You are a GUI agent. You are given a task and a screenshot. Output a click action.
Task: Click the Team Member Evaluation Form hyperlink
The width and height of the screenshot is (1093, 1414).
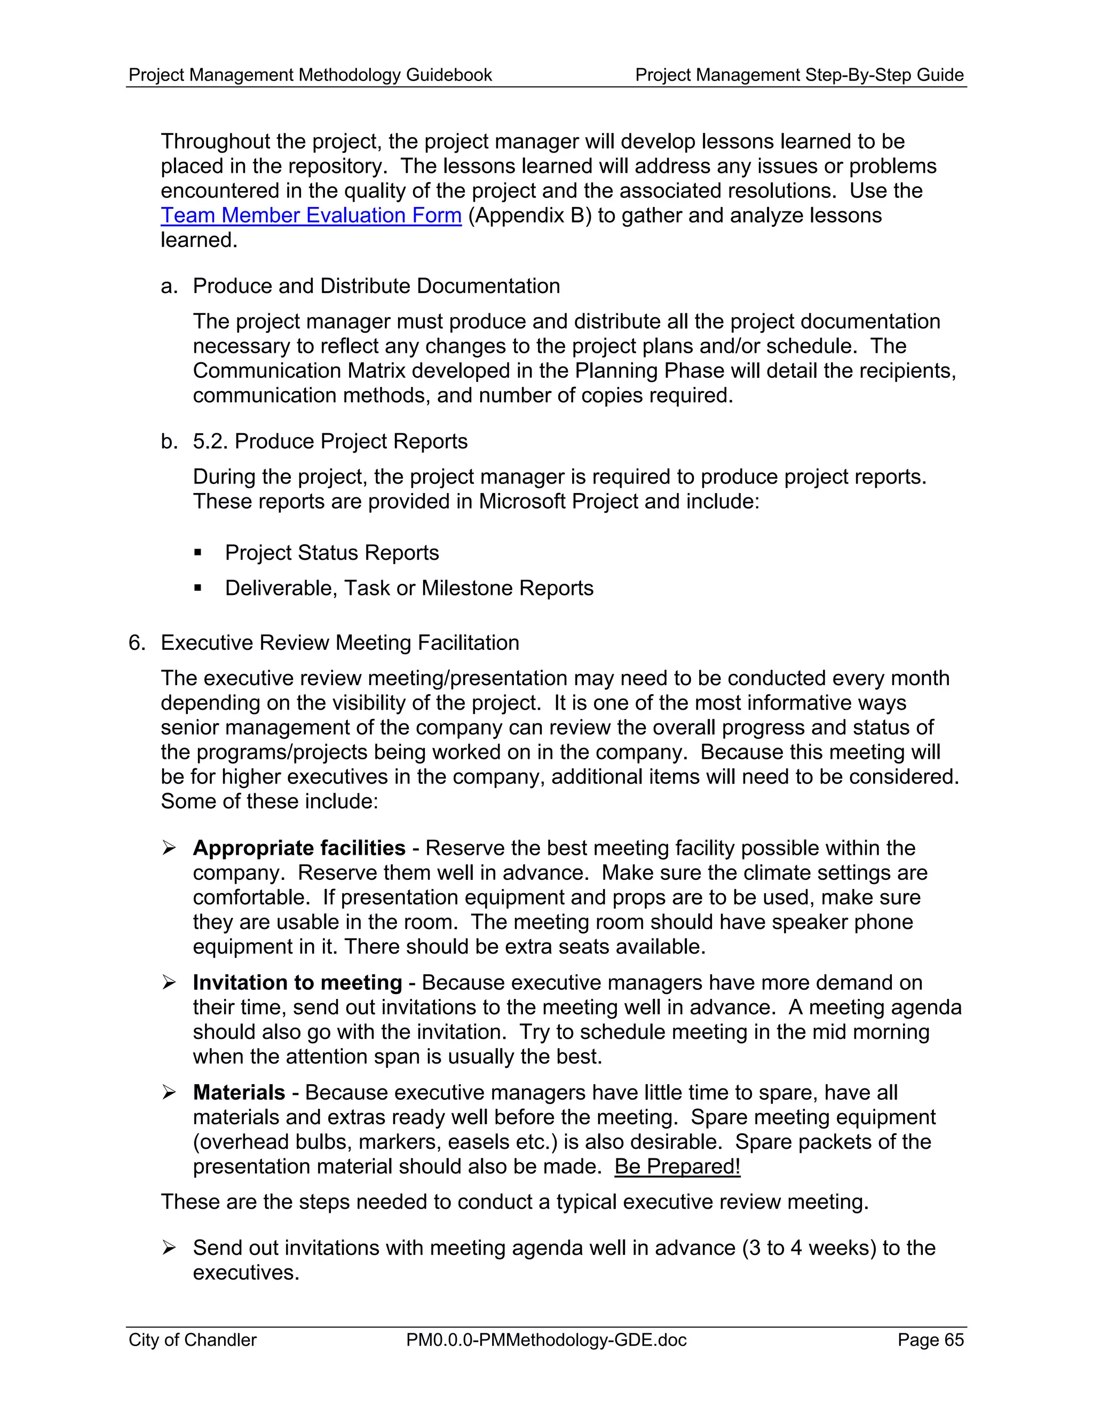click(x=311, y=215)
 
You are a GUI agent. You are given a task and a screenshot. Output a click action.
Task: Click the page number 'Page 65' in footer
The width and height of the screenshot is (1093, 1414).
click(x=930, y=1339)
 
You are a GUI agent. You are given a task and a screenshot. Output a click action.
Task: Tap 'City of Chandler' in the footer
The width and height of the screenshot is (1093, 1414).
click(x=192, y=1339)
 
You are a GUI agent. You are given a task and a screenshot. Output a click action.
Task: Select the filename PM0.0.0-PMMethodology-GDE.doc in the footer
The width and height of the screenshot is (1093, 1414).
click(x=546, y=1339)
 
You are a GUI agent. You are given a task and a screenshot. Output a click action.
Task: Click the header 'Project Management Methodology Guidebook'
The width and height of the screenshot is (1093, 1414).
click(x=310, y=75)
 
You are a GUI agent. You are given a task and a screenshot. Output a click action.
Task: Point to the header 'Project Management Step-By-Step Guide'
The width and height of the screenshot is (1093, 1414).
click(x=799, y=75)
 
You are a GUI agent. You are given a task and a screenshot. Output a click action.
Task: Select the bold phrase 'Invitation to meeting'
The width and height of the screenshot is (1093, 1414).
click(x=297, y=983)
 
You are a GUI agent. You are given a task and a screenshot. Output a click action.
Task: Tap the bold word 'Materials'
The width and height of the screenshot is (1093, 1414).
click(x=239, y=1092)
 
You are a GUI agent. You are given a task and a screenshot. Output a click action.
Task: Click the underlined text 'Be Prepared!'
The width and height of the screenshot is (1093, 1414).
click(x=677, y=1166)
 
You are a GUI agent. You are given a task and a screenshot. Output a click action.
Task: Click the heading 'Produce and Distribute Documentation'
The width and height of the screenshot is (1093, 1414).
click(x=376, y=286)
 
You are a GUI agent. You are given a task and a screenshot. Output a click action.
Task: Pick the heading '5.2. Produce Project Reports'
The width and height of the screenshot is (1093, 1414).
click(x=330, y=442)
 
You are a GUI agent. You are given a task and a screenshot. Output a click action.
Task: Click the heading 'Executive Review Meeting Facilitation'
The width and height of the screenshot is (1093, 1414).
click(x=340, y=643)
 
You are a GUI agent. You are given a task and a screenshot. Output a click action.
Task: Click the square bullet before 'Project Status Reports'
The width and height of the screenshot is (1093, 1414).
click(x=198, y=553)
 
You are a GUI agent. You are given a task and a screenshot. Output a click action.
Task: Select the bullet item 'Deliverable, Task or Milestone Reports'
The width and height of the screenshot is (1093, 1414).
click(x=409, y=588)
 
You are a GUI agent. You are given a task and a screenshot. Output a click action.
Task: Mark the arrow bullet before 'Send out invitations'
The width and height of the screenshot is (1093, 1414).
click(x=169, y=1248)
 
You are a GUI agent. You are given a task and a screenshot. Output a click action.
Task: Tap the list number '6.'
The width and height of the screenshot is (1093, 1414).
click(x=137, y=643)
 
